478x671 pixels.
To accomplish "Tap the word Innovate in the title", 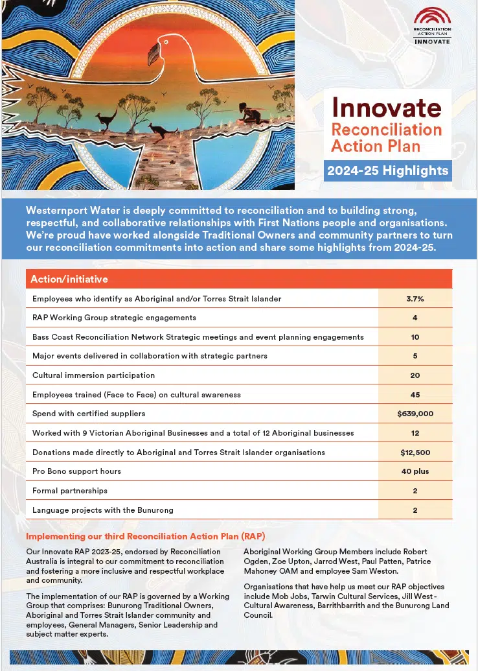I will (x=386, y=107).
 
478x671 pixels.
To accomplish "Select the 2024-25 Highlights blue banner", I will (x=387, y=171).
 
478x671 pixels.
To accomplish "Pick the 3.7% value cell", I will (x=415, y=299).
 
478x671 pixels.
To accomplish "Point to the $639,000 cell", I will (x=415, y=414).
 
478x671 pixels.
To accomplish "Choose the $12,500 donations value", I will (x=415, y=452).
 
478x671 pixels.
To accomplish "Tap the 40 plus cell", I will (x=415, y=471).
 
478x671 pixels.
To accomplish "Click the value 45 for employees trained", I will (x=415, y=394).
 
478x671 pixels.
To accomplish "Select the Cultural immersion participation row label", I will (x=93, y=375).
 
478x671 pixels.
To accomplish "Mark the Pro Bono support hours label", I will (x=76, y=471).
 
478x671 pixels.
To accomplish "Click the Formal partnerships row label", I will (x=70, y=491).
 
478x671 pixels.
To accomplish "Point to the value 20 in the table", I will (x=415, y=375).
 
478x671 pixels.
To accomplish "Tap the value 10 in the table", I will (x=415, y=337).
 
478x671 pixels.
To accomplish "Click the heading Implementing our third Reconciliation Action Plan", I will (x=145, y=536).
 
